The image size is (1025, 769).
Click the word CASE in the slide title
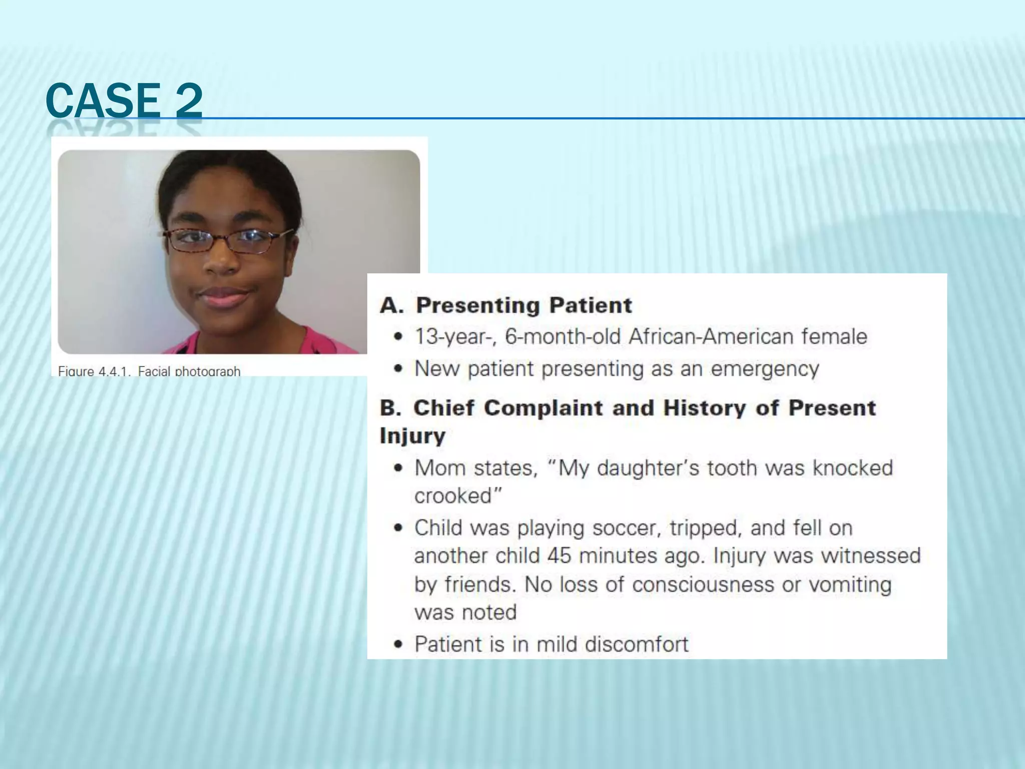(x=103, y=100)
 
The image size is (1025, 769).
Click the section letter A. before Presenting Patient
(x=391, y=305)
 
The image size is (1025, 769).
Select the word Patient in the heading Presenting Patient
(x=591, y=305)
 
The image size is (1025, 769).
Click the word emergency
(x=765, y=369)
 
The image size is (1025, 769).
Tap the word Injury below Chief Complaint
(x=412, y=436)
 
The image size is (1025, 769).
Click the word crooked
(x=454, y=496)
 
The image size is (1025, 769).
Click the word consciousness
(x=703, y=585)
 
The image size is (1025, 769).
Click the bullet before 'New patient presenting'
(x=398, y=369)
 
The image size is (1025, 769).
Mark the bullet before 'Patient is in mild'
(x=398, y=645)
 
